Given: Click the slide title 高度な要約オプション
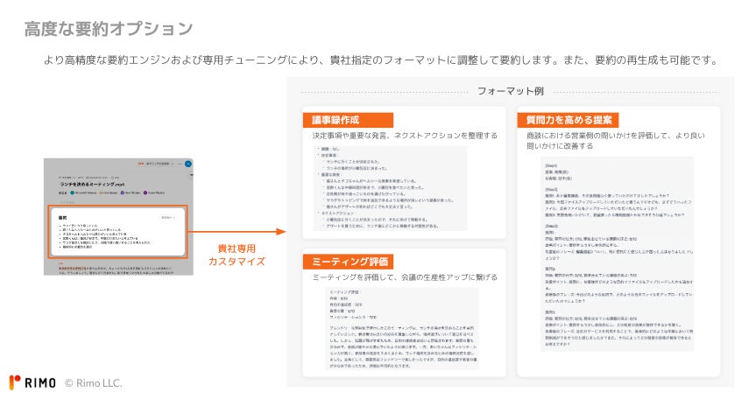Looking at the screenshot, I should tap(109, 29).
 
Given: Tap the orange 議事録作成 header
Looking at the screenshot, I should tap(336, 120).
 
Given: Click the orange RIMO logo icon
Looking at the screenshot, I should tap(15, 382).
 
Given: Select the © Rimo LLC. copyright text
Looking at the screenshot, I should tap(94, 382).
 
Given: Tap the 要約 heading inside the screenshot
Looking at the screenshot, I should tap(62, 217).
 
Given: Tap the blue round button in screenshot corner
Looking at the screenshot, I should tap(188, 163).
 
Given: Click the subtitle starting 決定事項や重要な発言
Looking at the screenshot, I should tap(404, 136).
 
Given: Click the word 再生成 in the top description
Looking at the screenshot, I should tap(647, 60).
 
